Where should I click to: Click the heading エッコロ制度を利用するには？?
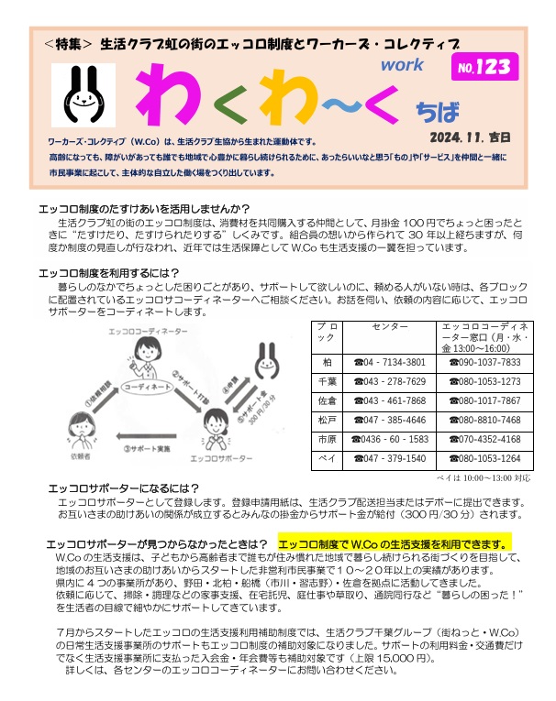109,272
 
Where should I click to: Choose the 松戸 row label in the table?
325,420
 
